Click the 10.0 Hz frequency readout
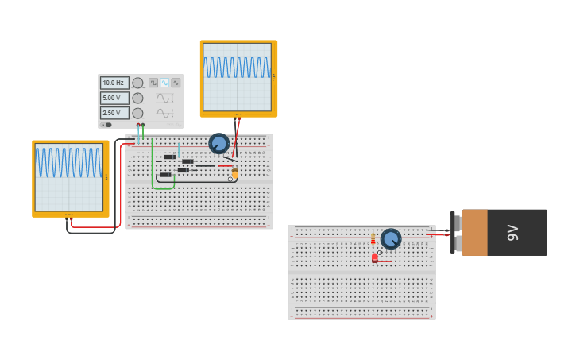point(114,83)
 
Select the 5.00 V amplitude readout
point(114,98)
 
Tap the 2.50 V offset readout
point(114,113)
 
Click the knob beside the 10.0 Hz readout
point(137,83)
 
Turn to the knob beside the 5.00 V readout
point(137,98)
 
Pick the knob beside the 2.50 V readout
point(137,113)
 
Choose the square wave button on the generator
point(153,83)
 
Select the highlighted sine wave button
point(164,83)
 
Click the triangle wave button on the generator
point(176,83)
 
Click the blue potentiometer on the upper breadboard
point(218,143)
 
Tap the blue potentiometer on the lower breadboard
point(390,238)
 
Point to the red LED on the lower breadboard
point(375,257)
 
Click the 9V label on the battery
point(513,232)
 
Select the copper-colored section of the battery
point(474,232)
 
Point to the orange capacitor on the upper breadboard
point(235,172)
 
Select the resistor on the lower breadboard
point(373,239)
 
